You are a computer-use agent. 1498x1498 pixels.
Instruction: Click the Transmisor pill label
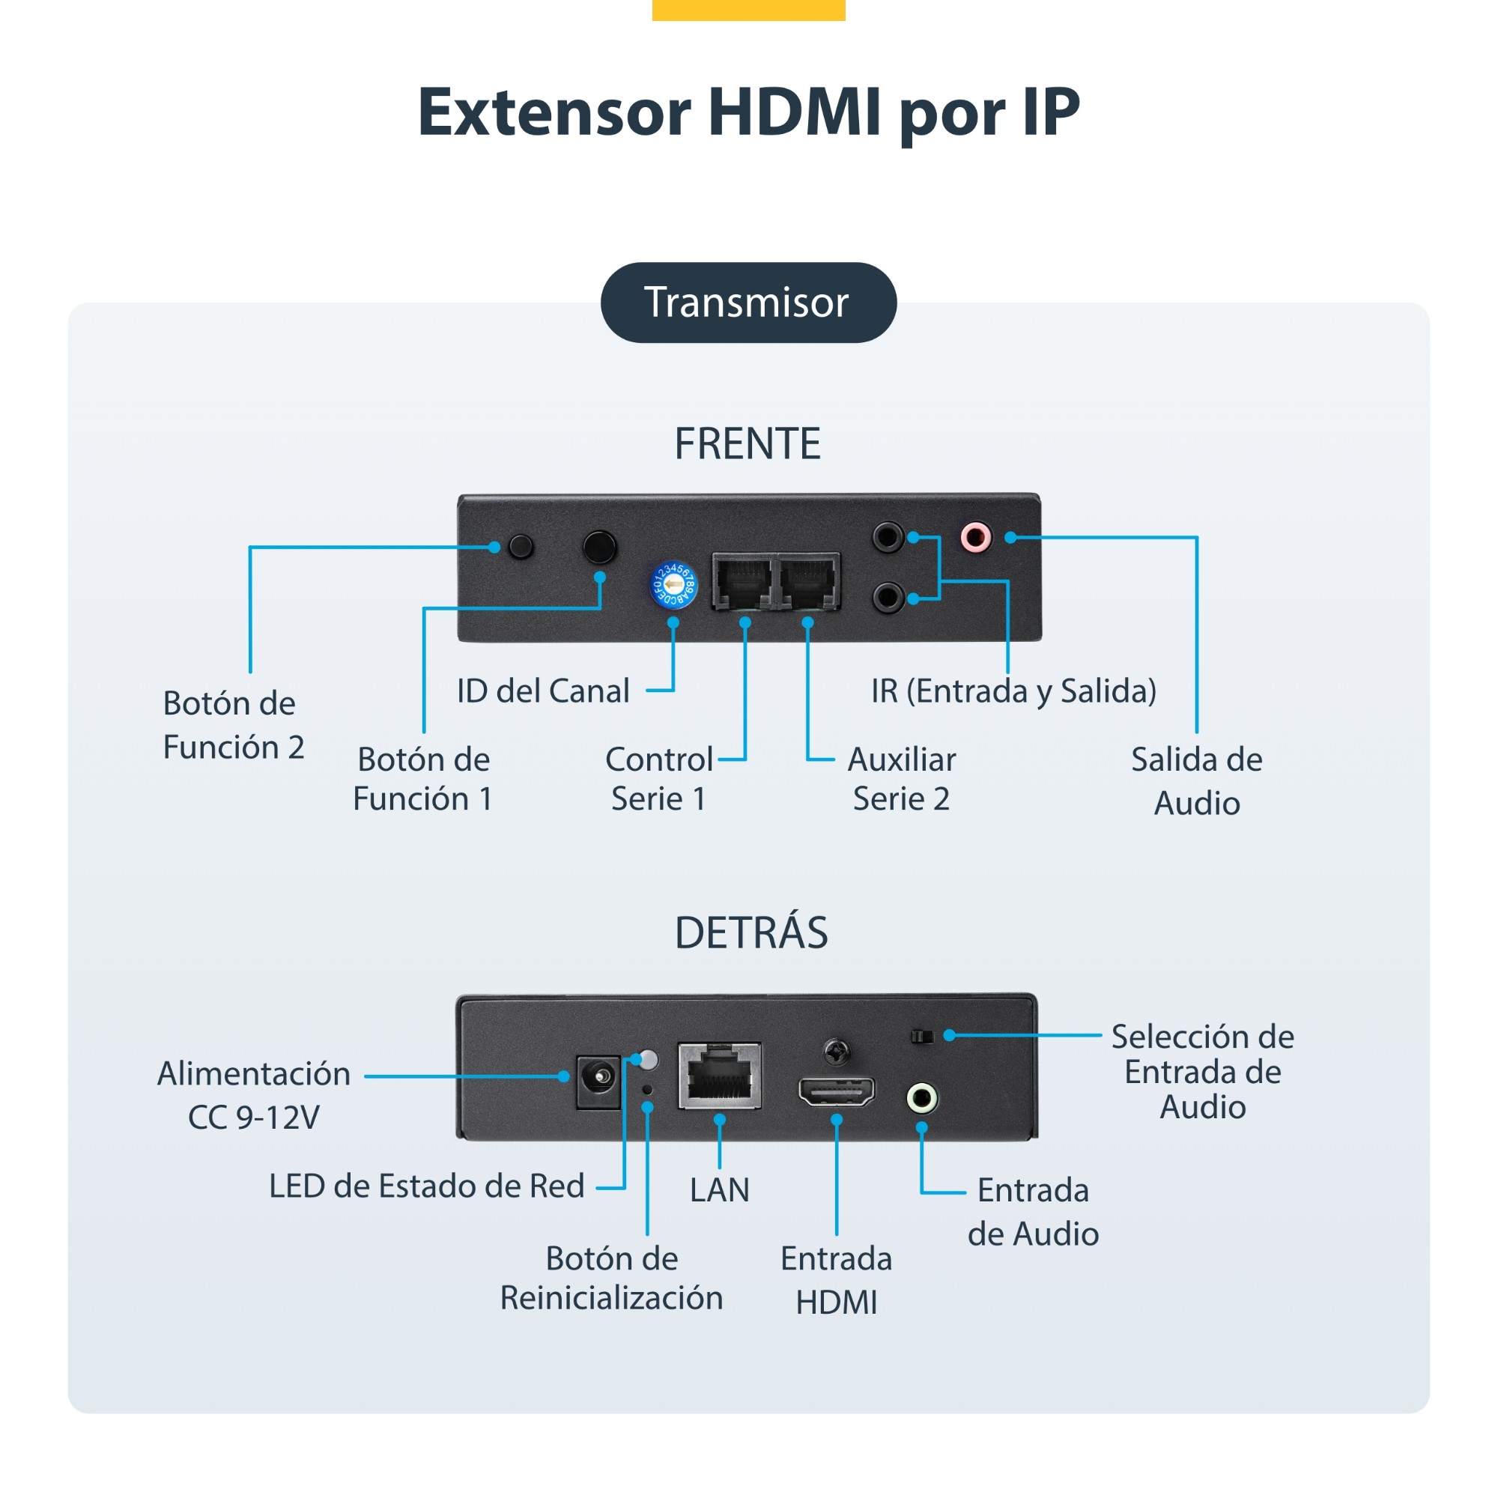coord(748,303)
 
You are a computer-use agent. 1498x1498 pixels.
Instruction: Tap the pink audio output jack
coord(975,536)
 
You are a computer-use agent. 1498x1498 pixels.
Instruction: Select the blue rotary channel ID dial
coord(673,586)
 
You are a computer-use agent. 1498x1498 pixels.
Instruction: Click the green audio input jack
coord(922,1098)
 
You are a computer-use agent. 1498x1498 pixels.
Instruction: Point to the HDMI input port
coord(837,1092)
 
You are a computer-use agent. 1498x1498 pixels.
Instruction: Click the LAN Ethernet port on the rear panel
coord(720,1076)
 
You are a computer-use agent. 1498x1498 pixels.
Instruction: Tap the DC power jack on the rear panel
coord(598,1081)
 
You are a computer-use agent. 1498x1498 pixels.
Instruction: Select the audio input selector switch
coord(922,1036)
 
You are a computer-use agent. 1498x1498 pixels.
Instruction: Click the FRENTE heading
coord(748,443)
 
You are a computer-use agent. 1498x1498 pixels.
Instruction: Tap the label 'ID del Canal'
coord(543,691)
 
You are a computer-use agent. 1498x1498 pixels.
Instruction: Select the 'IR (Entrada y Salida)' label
coord(1013,691)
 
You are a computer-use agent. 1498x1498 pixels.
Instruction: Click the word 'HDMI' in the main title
coord(795,112)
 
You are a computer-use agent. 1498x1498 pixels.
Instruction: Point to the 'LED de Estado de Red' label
coord(426,1186)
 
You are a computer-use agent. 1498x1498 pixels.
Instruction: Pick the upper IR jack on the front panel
coord(888,536)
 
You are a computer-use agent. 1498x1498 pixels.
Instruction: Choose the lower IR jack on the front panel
coord(888,597)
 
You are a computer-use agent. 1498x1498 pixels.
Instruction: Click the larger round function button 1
coord(599,547)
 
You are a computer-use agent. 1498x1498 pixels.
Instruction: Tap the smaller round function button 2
coord(521,547)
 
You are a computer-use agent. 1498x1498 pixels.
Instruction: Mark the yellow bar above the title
coord(748,10)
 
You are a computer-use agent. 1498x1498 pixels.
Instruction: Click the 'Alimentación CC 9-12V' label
coord(255,1095)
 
